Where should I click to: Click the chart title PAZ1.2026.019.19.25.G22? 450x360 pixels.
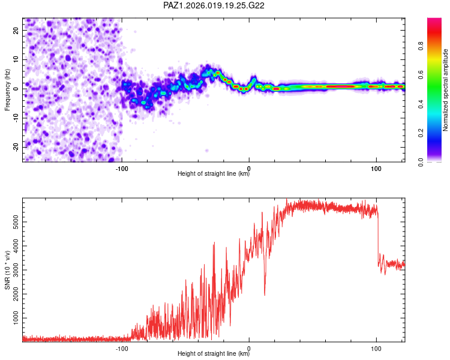pyautogui.click(x=214, y=5)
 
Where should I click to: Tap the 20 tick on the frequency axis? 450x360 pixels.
pyautogui.click(x=16, y=30)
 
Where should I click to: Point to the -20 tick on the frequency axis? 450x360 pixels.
pyautogui.click(x=14, y=147)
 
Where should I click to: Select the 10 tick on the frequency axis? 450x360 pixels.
pyautogui.click(x=16, y=59)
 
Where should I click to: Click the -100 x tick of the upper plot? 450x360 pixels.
pyautogui.click(x=122, y=168)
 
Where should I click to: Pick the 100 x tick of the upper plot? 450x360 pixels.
pyautogui.click(x=376, y=168)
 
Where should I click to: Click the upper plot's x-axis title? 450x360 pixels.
pyautogui.click(x=214, y=174)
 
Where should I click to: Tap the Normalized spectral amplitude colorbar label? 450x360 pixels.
pyautogui.click(x=446, y=90)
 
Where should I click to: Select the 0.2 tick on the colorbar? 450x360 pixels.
pyautogui.click(x=422, y=133)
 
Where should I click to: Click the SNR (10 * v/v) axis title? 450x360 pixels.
pyautogui.click(x=7, y=271)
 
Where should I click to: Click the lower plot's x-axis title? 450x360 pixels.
pyautogui.click(x=214, y=354)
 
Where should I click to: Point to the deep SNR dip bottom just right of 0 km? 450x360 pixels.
pyautogui.click(x=265, y=295)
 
